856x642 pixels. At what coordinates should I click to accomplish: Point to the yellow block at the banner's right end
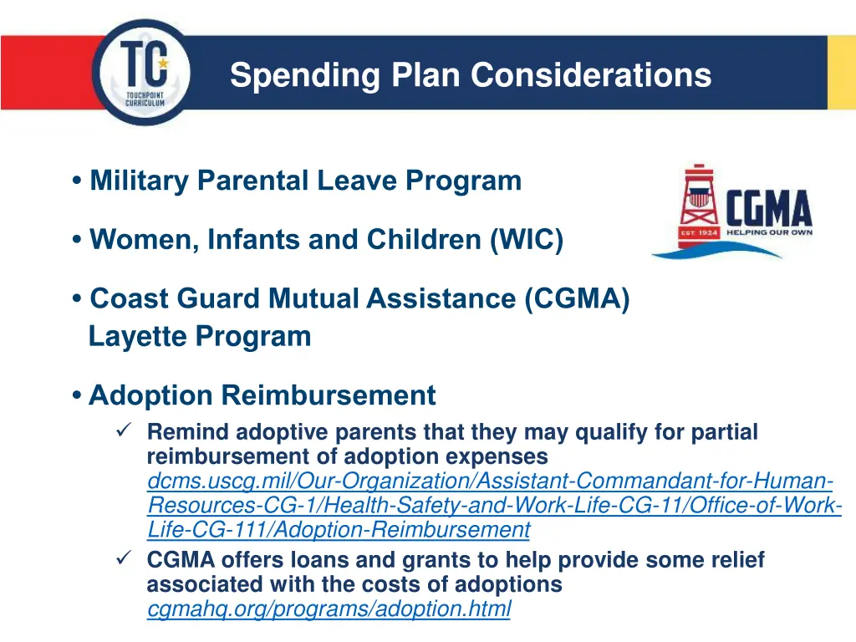tap(841, 73)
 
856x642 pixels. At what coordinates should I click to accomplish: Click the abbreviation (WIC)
tap(527, 241)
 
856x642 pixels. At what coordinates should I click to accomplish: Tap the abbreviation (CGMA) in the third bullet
tap(578, 298)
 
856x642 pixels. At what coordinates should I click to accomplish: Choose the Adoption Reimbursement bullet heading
tap(262, 395)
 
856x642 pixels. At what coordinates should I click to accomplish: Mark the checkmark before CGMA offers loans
tap(121, 558)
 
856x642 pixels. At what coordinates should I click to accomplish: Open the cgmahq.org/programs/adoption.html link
tap(329, 609)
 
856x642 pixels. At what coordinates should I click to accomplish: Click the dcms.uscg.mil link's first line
tap(490, 481)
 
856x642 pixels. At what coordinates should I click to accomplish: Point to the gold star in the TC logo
tap(162, 63)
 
